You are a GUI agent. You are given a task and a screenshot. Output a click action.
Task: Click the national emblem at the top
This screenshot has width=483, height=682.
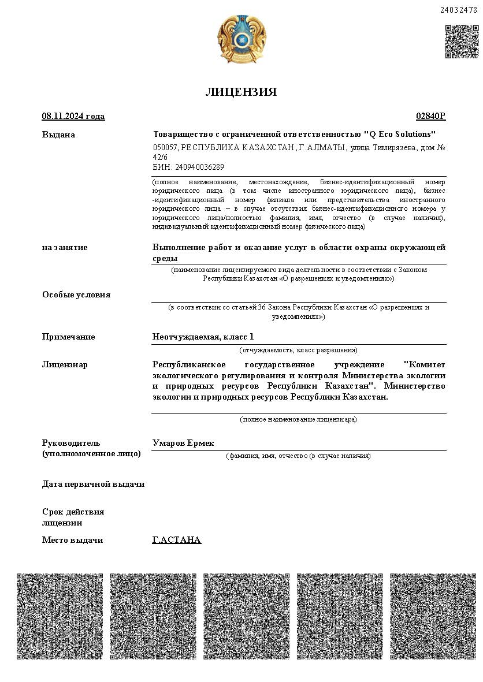(x=241, y=40)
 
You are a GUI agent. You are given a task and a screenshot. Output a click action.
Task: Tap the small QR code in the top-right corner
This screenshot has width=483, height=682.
(x=462, y=42)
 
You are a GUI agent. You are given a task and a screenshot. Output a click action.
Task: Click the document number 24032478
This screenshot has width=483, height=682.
(x=459, y=10)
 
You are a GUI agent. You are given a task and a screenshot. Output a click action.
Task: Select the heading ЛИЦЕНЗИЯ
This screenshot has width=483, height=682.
(x=241, y=92)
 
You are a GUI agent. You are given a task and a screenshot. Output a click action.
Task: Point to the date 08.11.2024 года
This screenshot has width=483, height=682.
(x=73, y=116)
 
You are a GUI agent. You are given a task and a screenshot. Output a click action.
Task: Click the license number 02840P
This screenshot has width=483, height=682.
(x=430, y=116)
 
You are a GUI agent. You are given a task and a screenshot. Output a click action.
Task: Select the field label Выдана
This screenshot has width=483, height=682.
(x=58, y=135)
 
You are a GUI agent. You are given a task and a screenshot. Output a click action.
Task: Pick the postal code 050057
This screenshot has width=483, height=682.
(x=165, y=148)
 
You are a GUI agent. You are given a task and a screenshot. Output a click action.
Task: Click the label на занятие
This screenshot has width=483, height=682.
(x=65, y=247)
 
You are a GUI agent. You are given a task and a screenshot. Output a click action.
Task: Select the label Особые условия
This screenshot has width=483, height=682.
(x=76, y=295)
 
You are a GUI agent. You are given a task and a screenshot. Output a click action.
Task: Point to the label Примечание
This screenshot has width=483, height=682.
(x=68, y=337)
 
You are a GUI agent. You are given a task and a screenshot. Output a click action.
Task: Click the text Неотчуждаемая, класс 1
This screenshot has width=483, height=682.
(x=203, y=337)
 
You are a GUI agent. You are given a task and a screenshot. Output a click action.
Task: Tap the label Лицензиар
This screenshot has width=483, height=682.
(x=65, y=364)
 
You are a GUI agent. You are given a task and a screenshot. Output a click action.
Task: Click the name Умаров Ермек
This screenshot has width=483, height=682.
(x=183, y=443)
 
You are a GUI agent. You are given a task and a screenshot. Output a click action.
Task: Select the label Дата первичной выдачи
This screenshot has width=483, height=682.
(x=93, y=484)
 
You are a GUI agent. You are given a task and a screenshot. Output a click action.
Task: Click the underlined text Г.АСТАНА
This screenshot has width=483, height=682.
(x=176, y=540)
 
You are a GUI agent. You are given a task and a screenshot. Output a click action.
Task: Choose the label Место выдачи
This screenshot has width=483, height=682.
(x=72, y=540)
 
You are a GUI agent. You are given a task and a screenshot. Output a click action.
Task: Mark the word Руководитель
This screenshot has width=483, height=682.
(x=71, y=443)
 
